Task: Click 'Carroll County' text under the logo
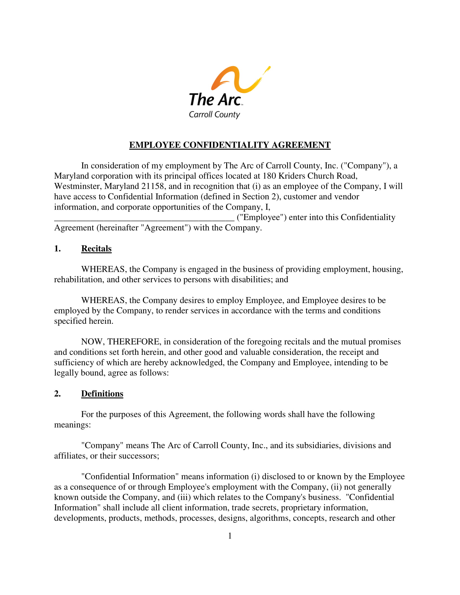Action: (x=214, y=114)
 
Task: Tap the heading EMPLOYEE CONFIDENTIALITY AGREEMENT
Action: (x=230, y=145)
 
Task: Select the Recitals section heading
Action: (x=96, y=249)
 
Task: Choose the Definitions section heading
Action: (x=102, y=394)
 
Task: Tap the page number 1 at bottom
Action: (x=230, y=536)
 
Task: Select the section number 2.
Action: (x=57, y=394)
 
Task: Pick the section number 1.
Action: (x=57, y=249)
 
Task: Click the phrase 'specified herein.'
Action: (x=83, y=321)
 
